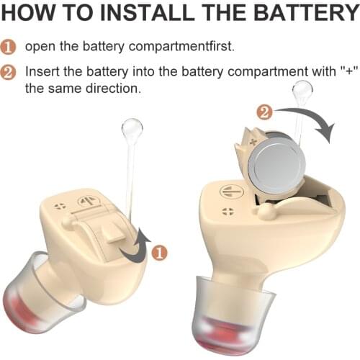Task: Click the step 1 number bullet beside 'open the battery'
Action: coord(9,46)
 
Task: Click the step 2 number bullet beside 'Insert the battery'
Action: coord(9,73)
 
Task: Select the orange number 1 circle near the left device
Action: coord(160,252)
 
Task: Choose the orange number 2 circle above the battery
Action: coord(264,112)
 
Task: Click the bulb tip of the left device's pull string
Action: coord(132,130)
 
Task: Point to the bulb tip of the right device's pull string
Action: coord(302,91)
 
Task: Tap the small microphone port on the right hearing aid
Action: coord(228,211)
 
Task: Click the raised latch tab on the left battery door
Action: coord(109,232)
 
